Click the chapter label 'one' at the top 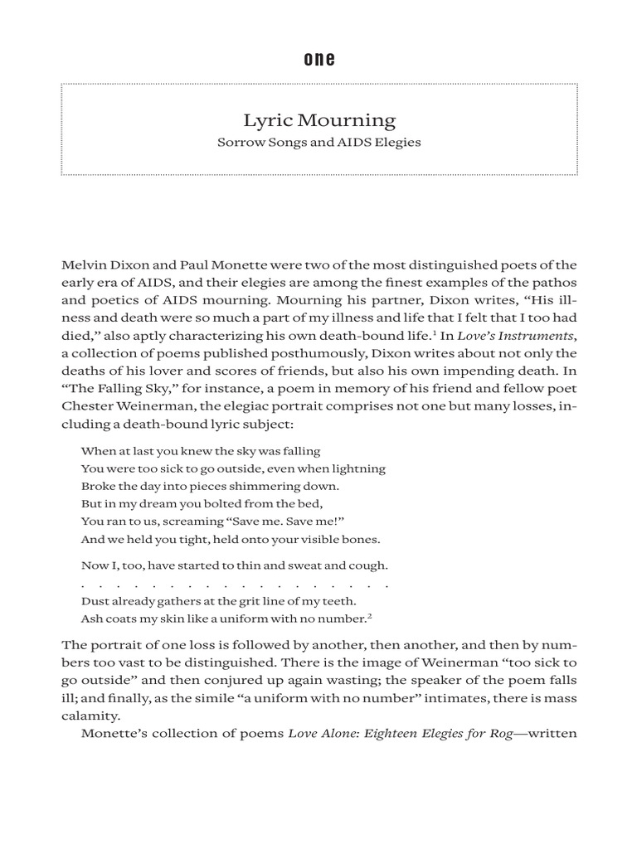(x=318, y=59)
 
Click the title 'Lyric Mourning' (x=318, y=120)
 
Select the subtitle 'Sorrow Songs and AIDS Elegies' (x=318, y=142)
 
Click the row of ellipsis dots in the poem (x=235, y=585)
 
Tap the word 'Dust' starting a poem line (x=95, y=601)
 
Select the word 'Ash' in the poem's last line (x=91, y=619)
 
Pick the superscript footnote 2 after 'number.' (x=370, y=615)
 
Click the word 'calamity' (x=90, y=716)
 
